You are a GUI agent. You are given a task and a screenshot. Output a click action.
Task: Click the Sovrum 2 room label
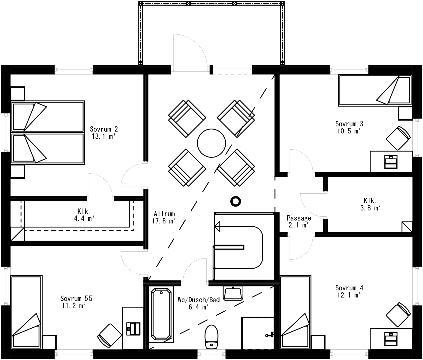coord(104,129)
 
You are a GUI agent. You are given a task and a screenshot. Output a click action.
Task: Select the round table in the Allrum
coord(211,143)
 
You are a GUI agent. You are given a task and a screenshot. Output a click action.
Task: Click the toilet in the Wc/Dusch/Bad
coord(211,336)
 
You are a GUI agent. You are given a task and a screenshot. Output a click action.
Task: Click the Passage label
coord(299,218)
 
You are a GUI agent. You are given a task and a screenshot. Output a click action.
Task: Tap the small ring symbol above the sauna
coord(236,201)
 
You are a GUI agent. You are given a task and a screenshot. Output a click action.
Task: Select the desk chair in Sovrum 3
coord(398,138)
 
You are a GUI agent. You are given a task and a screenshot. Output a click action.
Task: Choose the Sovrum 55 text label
coord(76,298)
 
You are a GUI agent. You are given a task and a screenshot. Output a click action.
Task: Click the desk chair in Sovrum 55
coord(109,336)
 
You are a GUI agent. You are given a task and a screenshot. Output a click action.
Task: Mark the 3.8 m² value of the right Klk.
coord(370,208)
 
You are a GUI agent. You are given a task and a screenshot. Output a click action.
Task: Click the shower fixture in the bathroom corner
coord(269,335)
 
